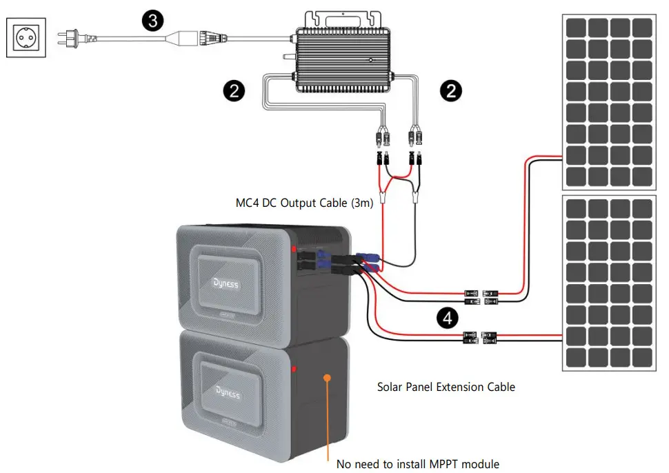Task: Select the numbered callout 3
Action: click(153, 21)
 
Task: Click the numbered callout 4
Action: click(448, 318)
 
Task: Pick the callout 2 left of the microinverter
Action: click(234, 91)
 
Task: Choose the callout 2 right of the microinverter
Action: click(452, 91)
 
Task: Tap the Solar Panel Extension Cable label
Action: click(446, 387)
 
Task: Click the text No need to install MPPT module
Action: click(417, 463)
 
